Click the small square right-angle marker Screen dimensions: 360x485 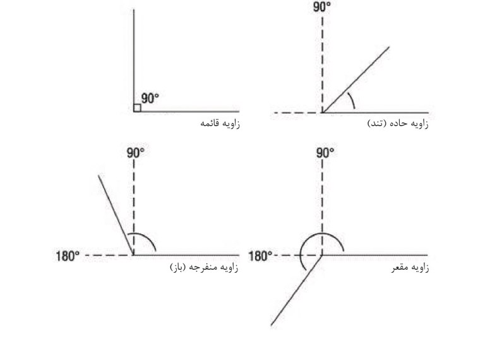click(x=137, y=108)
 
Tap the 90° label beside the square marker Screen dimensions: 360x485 click(x=150, y=99)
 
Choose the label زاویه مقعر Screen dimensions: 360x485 click(x=410, y=268)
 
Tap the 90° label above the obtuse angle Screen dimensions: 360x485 click(x=134, y=153)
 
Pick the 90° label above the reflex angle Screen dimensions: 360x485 click(x=323, y=153)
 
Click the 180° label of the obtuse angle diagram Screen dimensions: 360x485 click(x=68, y=256)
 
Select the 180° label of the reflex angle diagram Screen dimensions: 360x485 click(x=260, y=256)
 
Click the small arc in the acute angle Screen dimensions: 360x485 click(x=352, y=99)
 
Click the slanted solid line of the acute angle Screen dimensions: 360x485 click(x=357, y=78)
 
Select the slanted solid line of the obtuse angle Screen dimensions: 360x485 click(x=116, y=215)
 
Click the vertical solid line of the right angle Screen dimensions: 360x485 click(x=134, y=57)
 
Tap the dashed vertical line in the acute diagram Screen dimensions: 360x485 click(x=322, y=63)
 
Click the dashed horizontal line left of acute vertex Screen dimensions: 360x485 click(x=297, y=113)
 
